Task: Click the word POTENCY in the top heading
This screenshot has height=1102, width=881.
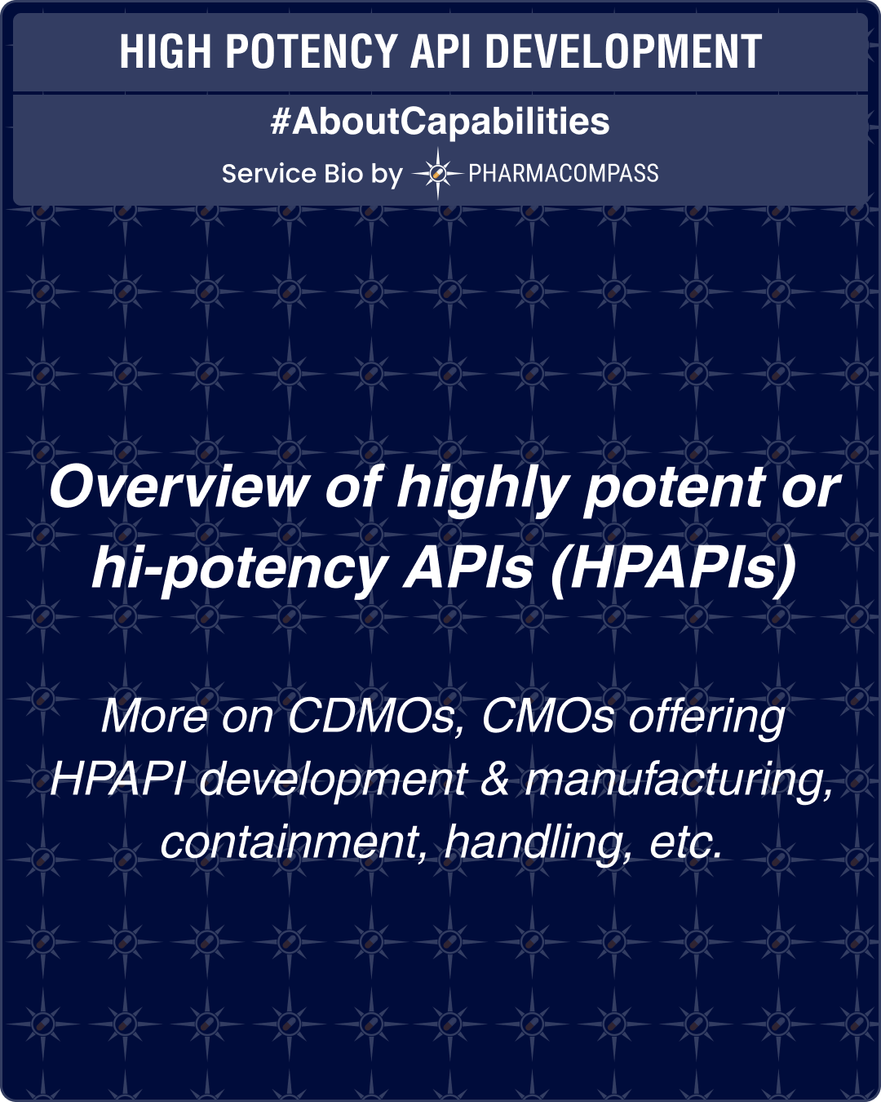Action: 311,52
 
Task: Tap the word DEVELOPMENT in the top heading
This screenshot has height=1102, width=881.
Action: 623,52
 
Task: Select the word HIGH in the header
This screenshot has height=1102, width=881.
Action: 166,52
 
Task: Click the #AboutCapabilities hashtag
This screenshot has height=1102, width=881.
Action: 440,122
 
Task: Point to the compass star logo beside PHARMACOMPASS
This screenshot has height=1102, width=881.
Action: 437,173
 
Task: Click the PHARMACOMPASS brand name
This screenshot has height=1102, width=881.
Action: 563,173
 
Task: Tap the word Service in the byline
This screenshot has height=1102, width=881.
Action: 268,174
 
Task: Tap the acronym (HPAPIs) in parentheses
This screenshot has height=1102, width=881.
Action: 672,569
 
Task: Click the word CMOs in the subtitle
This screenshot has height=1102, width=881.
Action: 547,716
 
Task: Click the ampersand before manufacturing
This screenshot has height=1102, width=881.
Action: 495,779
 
